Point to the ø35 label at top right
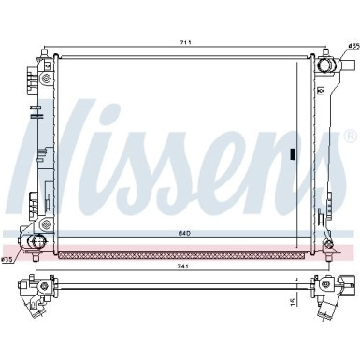tap(352, 46)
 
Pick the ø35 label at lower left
tap(7, 259)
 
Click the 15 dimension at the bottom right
tap(293, 301)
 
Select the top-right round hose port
tap(326, 65)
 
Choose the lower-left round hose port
tap(37, 244)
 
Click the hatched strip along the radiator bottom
tap(182, 252)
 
